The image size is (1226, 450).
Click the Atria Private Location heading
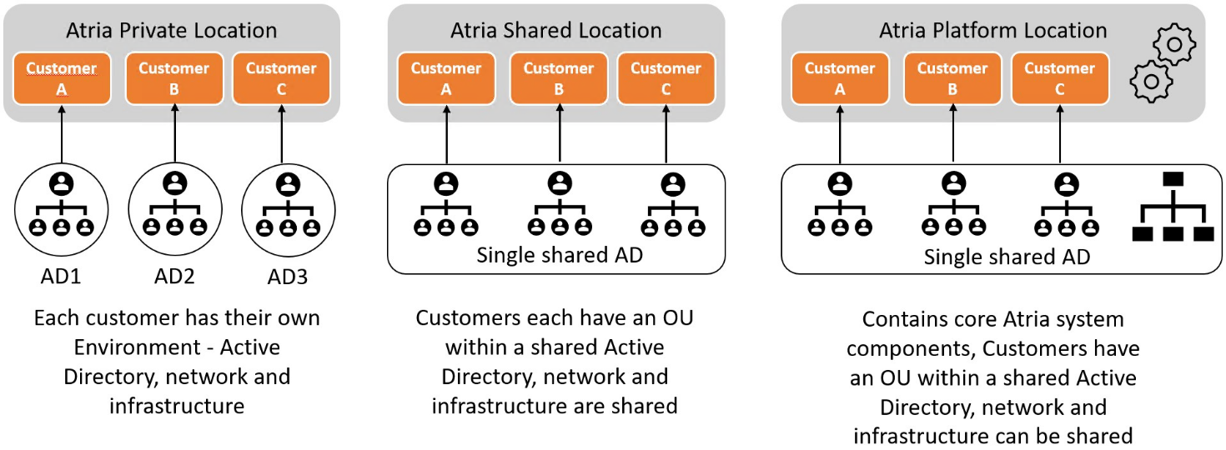pos(171,31)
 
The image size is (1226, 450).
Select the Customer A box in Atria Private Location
pos(61,78)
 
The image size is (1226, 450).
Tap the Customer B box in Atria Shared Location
pos(558,78)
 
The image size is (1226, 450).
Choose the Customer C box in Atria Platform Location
pos(1059,78)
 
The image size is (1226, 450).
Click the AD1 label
pos(61,277)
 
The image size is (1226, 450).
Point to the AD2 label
pos(174,277)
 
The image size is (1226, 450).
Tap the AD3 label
pos(288,277)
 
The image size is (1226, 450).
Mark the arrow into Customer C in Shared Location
pos(666,133)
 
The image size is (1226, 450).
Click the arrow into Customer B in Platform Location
pos(952,133)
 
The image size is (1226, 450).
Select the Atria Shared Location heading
pos(556,31)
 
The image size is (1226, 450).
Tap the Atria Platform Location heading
pos(992,31)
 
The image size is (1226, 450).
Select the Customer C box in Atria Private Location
pos(281,78)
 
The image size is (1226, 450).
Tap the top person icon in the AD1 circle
pos(61,183)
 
